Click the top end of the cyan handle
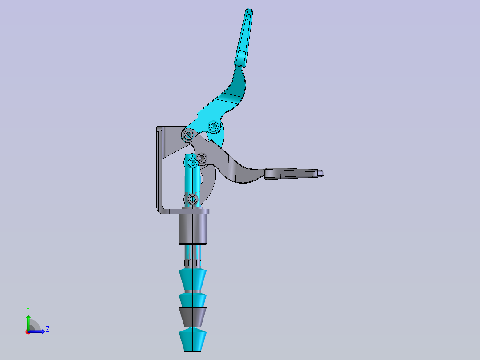(x=249, y=12)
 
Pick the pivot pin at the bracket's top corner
(x=187, y=135)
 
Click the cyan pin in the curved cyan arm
(x=214, y=127)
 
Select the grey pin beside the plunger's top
(x=202, y=158)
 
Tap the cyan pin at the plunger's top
(x=192, y=163)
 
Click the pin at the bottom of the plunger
(x=193, y=199)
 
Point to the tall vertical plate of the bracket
(x=159, y=169)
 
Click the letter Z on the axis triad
(x=47, y=329)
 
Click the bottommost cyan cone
(x=193, y=340)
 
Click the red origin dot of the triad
(x=28, y=332)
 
